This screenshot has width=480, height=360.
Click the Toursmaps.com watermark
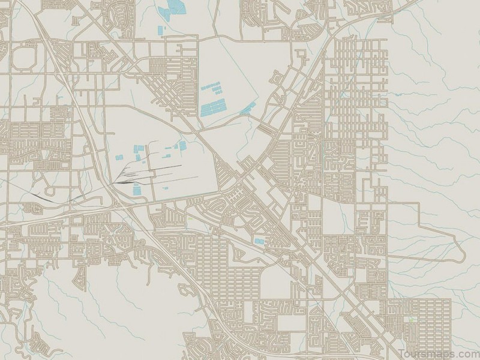[438, 352]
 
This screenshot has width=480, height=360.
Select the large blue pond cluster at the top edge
[175, 8]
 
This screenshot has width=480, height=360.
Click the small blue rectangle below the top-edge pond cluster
[160, 30]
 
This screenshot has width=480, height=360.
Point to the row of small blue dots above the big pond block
[211, 88]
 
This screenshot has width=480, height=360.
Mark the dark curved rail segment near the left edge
[42, 195]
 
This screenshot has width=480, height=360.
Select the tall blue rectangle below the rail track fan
[136, 188]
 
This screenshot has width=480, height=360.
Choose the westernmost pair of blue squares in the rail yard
[119, 157]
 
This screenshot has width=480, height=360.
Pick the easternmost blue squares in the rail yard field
[179, 145]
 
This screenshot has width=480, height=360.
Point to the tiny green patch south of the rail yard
[188, 218]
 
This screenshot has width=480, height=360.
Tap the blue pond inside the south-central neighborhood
[259, 241]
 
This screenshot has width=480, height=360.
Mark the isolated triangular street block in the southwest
[79, 277]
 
